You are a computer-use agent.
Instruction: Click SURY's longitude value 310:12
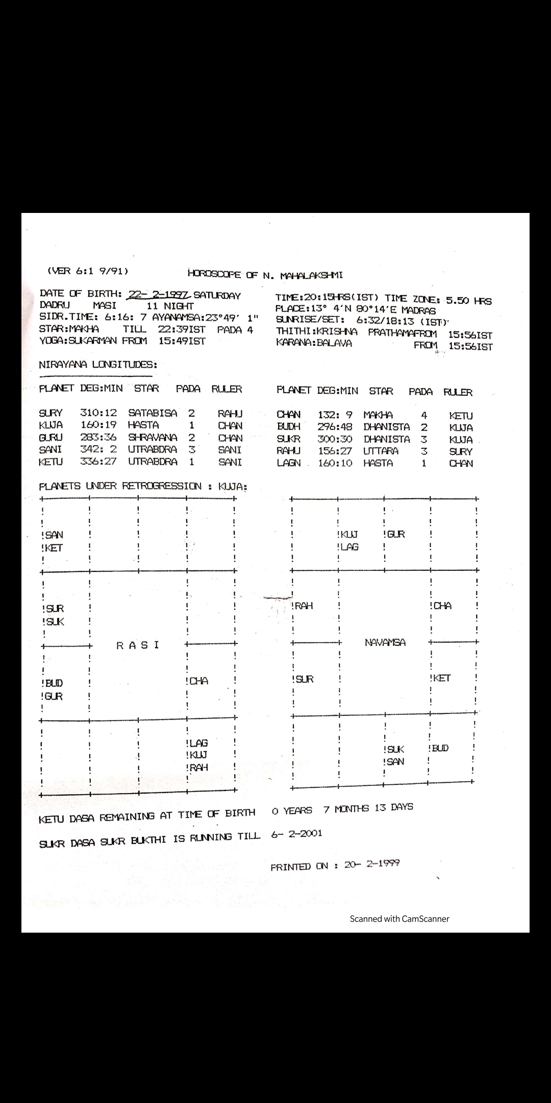[98, 413]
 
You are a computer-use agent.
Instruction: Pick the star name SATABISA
[153, 413]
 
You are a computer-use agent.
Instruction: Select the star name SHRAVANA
[153, 437]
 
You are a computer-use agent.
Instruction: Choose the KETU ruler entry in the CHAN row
[461, 416]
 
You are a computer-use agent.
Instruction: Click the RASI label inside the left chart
[138, 645]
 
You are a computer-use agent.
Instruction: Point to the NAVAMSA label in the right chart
[385, 642]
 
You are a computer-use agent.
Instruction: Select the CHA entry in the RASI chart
[198, 681]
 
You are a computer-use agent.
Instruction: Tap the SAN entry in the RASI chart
[54, 535]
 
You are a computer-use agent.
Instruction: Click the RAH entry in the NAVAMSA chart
[304, 606]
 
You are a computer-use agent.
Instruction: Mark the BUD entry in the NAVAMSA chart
[440, 748]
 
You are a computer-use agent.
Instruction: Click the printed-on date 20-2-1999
[372, 864]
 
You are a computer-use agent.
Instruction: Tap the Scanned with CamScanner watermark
[399, 919]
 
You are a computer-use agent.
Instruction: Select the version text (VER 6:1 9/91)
[87, 271]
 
